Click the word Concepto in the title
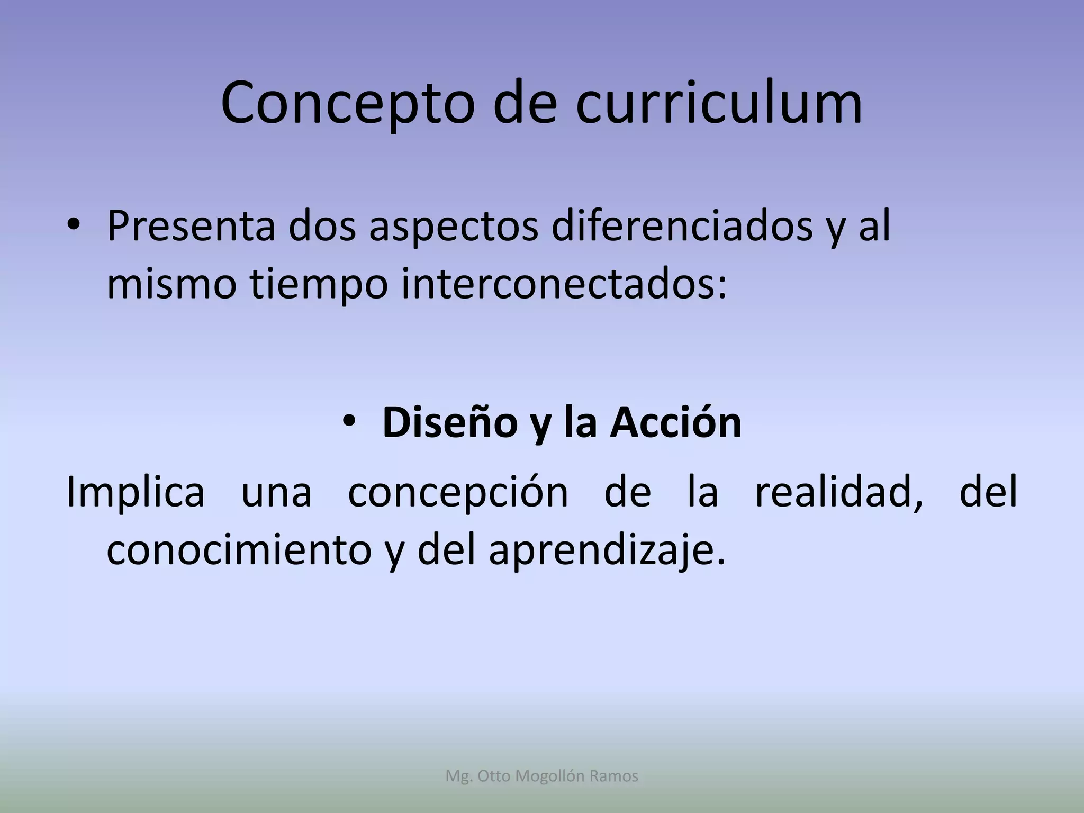click(347, 104)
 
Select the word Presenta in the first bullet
click(191, 227)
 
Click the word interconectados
click(564, 285)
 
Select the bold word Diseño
click(450, 423)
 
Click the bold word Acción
click(676, 423)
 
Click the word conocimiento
click(239, 550)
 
